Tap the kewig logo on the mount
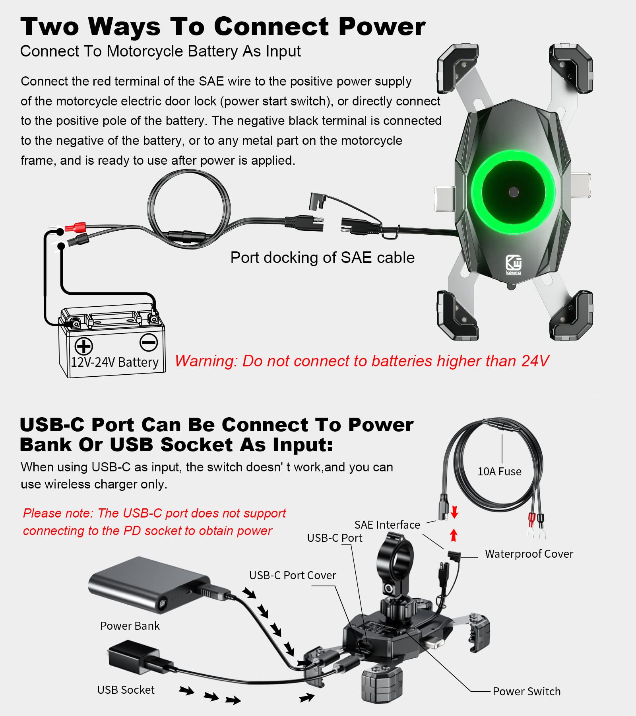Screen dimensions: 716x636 coord(513,265)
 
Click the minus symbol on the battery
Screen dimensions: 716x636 coord(149,342)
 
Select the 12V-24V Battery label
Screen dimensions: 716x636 coord(114,362)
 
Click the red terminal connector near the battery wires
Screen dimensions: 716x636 coord(76,228)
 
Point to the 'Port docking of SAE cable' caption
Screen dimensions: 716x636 coord(322,258)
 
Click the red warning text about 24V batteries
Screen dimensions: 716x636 coord(362,361)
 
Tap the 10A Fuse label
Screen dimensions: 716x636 coord(499,472)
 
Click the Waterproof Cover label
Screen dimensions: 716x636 coord(529,554)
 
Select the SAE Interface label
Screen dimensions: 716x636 coord(387,525)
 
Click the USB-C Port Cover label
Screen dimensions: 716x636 coord(292,576)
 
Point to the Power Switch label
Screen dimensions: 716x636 coord(526,692)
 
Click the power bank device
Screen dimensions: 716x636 coord(149,585)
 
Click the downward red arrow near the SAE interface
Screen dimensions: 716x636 coord(455,512)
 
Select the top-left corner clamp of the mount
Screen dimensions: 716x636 coord(457,68)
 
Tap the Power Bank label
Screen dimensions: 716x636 coord(130,626)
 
